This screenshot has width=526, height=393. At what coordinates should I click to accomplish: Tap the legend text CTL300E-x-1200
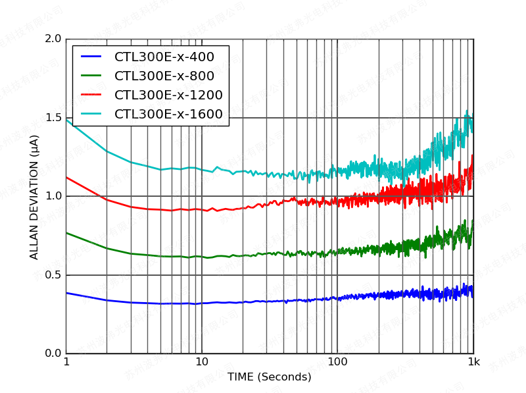[x=168, y=95]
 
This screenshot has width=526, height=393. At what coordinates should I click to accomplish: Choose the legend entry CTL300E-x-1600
[x=168, y=114]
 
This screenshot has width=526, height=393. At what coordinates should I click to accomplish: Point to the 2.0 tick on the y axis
[x=53, y=39]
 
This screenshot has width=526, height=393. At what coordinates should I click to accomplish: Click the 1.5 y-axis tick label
[x=53, y=118]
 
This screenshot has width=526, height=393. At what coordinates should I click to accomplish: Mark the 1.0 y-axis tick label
[x=53, y=196]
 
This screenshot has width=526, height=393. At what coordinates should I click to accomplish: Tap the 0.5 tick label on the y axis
[x=53, y=275]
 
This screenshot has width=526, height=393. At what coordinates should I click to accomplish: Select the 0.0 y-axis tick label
[x=53, y=354]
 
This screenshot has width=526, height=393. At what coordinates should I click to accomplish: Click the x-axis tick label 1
[x=66, y=363]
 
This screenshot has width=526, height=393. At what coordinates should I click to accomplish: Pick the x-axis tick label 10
[x=202, y=363]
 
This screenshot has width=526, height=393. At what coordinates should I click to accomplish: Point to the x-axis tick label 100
[x=337, y=363]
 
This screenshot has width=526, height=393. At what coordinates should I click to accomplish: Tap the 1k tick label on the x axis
[x=473, y=363]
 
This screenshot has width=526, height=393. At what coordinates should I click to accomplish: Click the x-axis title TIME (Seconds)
[x=270, y=377]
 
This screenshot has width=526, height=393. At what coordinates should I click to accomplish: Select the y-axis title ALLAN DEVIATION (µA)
[x=34, y=197]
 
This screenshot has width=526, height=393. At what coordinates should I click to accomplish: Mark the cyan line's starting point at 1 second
[x=66, y=119]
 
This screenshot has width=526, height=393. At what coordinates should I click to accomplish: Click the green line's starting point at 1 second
[x=66, y=233]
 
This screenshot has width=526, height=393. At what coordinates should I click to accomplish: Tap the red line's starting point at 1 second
[x=66, y=177]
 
